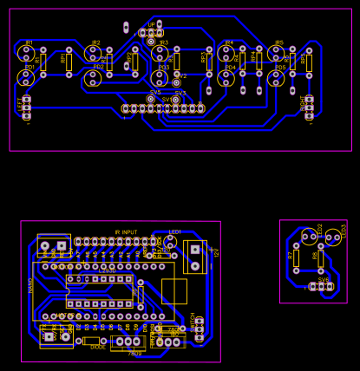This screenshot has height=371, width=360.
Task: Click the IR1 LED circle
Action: (x=26, y=53)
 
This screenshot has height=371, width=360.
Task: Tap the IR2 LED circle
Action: (x=93, y=53)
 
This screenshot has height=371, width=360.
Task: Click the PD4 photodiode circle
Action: (x=226, y=77)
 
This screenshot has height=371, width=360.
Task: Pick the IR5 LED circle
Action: (x=277, y=53)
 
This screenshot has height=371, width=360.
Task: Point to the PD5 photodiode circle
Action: (x=277, y=77)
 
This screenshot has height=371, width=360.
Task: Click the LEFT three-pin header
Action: (x=27, y=107)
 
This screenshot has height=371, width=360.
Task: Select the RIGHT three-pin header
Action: (x=308, y=107)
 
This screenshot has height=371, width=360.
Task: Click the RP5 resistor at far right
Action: (x=309, y=62)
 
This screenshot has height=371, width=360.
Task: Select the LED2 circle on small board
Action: (x=310, y=237)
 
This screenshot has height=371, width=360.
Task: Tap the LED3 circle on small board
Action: (x=333, y=237)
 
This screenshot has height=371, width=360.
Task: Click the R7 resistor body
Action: (x=296, y=258)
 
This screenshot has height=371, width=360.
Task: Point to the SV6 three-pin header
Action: (x=321, y=286)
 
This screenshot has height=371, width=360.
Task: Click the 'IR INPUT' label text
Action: (x=126, y=232)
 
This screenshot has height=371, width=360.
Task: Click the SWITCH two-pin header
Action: (x=199, y=329)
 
